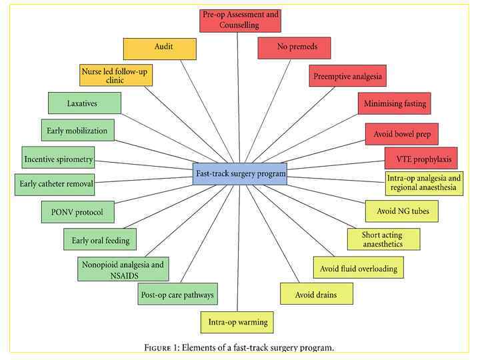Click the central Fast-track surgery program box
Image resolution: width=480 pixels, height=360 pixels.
click(x=240, y=173)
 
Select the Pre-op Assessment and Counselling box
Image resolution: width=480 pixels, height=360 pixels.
click(x=241, y=20)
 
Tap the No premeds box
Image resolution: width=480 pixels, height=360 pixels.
click(x=294, y=47)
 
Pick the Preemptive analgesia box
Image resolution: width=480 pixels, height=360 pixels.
click(x=347, y=76)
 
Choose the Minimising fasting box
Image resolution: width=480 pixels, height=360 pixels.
click(x=395, y=104)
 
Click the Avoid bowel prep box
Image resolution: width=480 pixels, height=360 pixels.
click(x=401, y=134)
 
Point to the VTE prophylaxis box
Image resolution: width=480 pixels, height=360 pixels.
click(x=421, y=158)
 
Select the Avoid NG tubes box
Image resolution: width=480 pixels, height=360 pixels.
click(x=402, y=211)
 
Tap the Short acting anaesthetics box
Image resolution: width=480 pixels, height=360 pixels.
click(x=383, y=239)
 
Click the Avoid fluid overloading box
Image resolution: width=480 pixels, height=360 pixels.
click(x=358, y=268)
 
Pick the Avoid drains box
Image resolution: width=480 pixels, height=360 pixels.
click(x=316, y=293)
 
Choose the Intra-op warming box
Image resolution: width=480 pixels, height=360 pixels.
click(x=237, y=322)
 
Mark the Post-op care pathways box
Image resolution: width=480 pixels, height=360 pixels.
click(x=178, y=293)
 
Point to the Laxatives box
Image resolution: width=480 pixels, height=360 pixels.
click(x=85, y=103)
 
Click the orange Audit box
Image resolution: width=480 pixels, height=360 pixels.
click(x=160, y=48)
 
